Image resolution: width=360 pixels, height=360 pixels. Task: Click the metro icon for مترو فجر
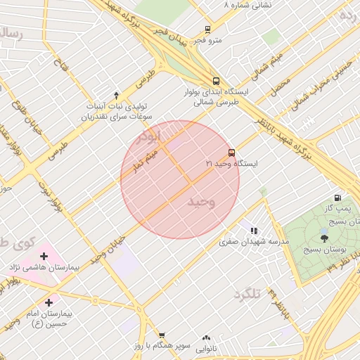(x=207, y=30)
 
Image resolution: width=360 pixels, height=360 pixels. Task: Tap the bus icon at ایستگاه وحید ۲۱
(x=231, y=153)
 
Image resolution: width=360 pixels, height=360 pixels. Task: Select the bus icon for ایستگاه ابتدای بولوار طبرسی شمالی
(x=216, y=81)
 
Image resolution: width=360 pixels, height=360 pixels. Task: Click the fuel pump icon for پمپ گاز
(x=338, y=198)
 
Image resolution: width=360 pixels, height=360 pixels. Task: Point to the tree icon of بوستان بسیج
(x=324, y=238)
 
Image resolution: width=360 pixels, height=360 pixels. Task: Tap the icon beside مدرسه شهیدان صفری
(x=254, y=230)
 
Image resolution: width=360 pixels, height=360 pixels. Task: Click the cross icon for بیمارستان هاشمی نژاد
(x=44, y=256)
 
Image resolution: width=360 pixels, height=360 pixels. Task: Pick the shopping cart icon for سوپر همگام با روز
(x=162, y=335)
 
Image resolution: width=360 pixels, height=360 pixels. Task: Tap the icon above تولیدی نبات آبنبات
(x=117, y=94)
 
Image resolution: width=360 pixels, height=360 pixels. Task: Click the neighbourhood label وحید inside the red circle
(x=201, y=202)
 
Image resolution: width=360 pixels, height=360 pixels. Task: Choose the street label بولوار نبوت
(x=54, y=199)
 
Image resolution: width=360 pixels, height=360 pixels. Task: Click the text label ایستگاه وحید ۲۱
(x=231, y=164)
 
